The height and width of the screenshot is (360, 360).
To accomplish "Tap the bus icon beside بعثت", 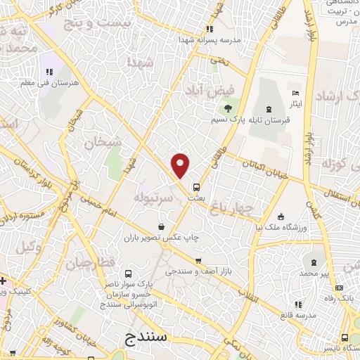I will click(196, 187).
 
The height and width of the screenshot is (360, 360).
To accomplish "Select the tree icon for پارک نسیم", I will click(227, 108).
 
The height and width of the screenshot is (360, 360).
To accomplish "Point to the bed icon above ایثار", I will click(295, 94).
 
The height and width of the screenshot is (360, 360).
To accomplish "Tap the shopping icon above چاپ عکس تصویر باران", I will click(162, 226).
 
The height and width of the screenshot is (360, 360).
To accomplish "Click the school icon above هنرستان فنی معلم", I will click(49, 72).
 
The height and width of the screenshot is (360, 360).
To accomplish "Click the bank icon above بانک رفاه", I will click(340, 287).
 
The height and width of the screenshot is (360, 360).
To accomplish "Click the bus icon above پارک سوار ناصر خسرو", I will click(128, 274).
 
